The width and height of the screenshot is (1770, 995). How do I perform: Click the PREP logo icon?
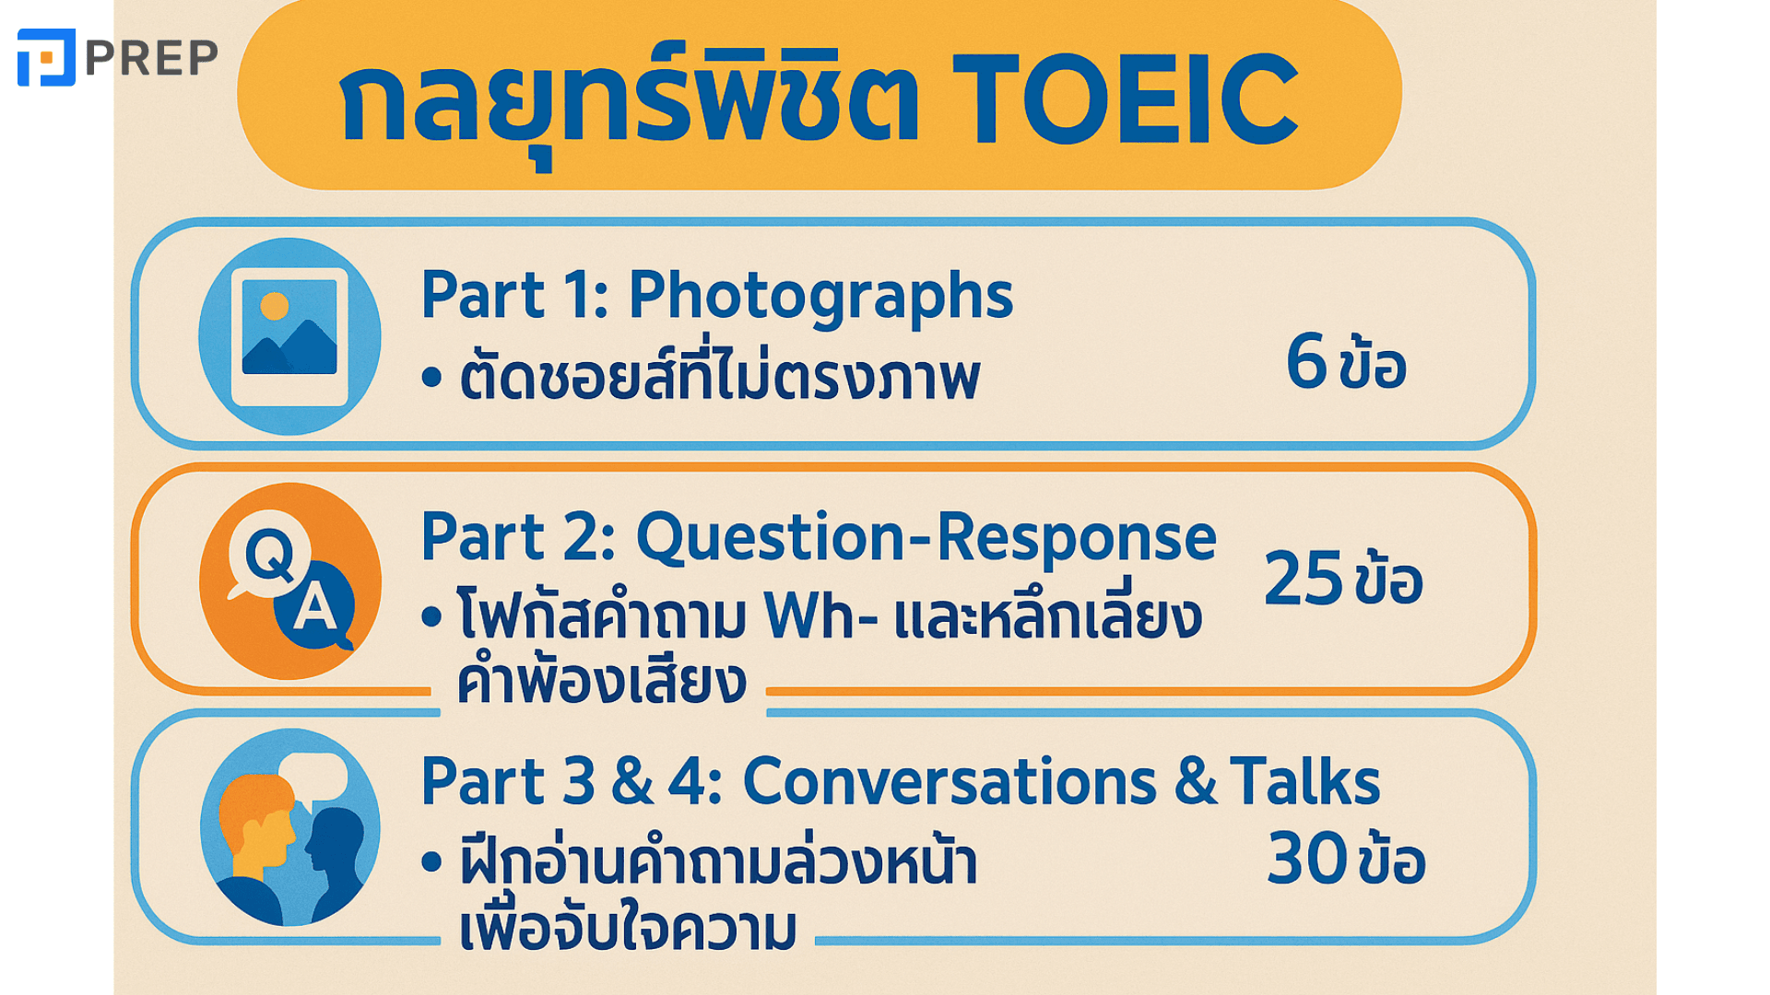(46, 57)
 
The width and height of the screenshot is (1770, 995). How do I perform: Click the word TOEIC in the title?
(1125, 99)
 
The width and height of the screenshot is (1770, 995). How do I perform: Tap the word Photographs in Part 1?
(820, 297)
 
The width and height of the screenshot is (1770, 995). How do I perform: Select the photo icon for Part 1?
(289, 336)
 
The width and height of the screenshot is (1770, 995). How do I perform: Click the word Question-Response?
(926, 538)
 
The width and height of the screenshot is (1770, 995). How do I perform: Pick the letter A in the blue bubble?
(315, 607)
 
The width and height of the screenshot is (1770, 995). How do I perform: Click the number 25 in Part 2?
(1303, 579)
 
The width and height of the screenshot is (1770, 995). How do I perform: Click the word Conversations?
(950, 782)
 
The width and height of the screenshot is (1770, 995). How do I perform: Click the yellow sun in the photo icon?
(275, 306)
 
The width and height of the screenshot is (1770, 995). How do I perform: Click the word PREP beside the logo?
(152, 58)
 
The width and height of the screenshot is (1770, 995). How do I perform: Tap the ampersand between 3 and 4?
(632, 782)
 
